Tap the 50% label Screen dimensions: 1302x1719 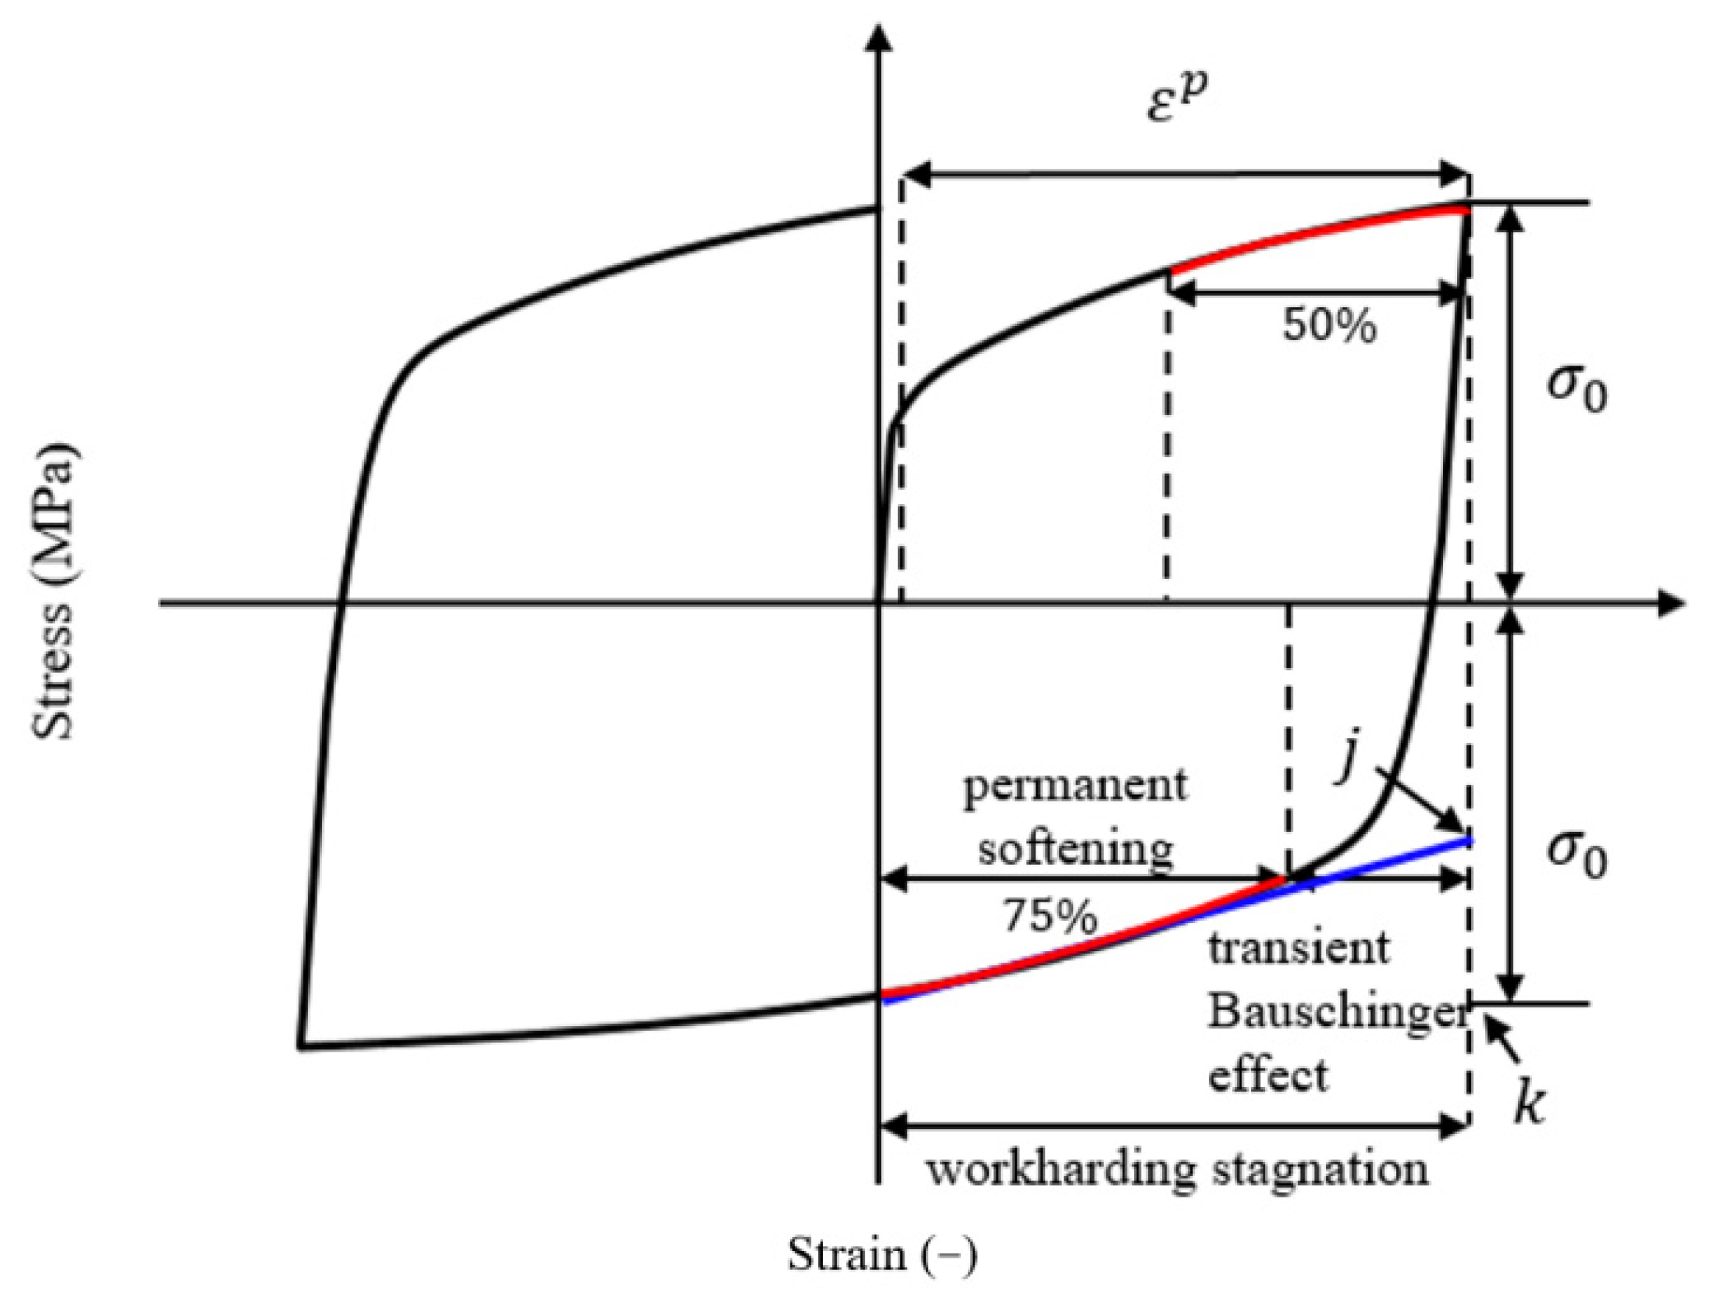pos(1329,325)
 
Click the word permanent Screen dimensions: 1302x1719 pos(1076,786)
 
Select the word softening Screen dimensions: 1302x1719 pos(1076,848)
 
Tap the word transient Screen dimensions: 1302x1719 pos(1298,947)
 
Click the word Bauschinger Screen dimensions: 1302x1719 pos(1337,1011)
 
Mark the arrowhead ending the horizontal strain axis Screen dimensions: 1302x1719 pos(1670,603)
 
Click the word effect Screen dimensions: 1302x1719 pos(1268,1076)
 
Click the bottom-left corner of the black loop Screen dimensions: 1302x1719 pos(302,1046)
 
